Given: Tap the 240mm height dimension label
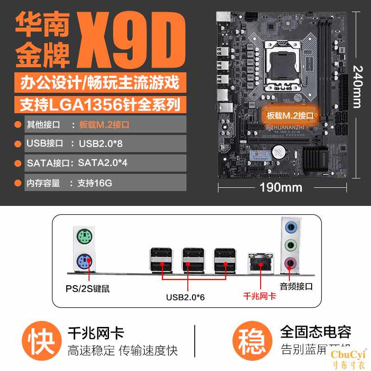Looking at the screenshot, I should (357, 87).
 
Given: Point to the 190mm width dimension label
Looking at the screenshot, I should (281, 187).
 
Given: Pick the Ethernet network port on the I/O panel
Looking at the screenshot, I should (261, 262).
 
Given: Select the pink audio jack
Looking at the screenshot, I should (291, 263).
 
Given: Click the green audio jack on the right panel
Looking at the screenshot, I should (291, 244).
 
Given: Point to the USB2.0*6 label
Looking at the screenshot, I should (185, 297).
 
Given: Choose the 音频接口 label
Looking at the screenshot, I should (296, 286).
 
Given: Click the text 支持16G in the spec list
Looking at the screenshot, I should (95, 183).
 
